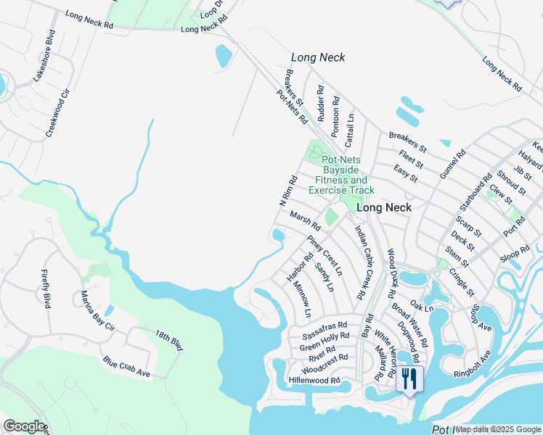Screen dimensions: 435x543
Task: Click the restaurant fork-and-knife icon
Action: tap(409, 378)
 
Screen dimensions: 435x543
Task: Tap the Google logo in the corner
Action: tap(24, 426)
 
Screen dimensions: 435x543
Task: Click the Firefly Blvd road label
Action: tap(46, 289)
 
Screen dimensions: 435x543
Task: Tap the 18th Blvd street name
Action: tap(168, 341)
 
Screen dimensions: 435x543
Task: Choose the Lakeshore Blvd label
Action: tap(39, 55)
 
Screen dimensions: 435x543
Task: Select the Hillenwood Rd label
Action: tap(314, 380)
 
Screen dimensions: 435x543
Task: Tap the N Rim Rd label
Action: tap(288, 191)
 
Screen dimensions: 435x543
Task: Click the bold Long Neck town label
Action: tap(384, 207)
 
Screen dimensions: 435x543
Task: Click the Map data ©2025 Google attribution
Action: tap(499, 429)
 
